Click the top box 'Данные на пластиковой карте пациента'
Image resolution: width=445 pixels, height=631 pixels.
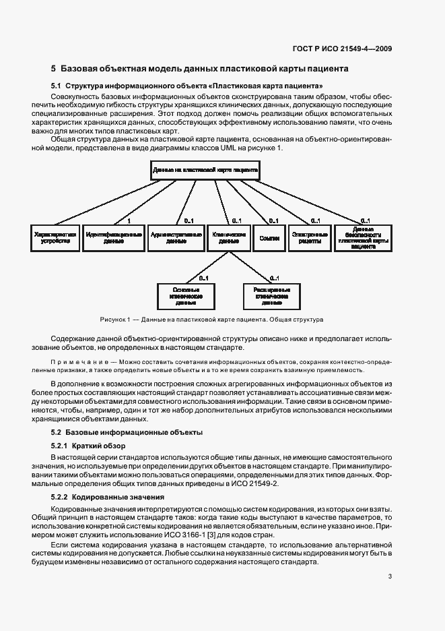(205, 171)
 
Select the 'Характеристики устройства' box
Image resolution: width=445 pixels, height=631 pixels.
(56, 237)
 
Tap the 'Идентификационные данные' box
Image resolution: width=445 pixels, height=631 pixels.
(114, 237)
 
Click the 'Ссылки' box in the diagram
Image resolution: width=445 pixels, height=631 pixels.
(269, 237)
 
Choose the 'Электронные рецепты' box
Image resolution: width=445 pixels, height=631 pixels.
(310, 237)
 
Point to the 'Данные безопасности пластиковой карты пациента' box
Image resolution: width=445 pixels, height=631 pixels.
(362, 237)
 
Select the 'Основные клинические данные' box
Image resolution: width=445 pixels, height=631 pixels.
(185, 295)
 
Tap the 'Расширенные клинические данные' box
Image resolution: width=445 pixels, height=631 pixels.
(271, 295)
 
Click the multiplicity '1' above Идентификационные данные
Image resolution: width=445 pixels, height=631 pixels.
(129, 220)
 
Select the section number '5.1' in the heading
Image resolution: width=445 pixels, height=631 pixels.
(57, 86)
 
